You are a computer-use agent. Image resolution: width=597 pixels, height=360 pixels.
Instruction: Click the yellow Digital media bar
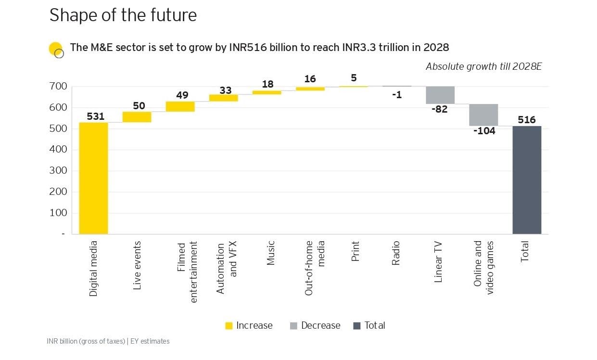(x=93, y=178)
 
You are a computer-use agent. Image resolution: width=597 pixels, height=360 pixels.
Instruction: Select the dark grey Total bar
(x=527, y=180)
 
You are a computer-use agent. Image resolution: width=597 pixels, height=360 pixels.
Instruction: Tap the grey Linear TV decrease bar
(x=440, y=95)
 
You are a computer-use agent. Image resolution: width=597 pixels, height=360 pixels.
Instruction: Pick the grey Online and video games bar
(x=483, y=115)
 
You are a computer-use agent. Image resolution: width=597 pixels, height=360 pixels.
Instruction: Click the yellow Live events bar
(x=137, y=117)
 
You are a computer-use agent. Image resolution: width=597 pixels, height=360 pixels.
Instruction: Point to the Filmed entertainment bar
(x=180, y=106)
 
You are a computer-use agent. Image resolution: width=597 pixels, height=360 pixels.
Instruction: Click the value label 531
(x=96, y=116)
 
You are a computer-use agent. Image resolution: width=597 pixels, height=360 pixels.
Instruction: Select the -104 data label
(x=484, y=131)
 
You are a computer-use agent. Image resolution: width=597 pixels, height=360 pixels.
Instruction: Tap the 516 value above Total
(x=527, y=119)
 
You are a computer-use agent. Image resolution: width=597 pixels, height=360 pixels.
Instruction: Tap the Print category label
(x=356, y=251)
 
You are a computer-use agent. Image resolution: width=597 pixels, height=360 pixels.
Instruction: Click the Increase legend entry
(x=249, y=326)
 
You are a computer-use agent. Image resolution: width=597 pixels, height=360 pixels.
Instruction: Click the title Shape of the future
(x=123, y=15)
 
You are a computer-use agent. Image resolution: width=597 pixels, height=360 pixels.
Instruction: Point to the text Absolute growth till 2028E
(x=483, y=67)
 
